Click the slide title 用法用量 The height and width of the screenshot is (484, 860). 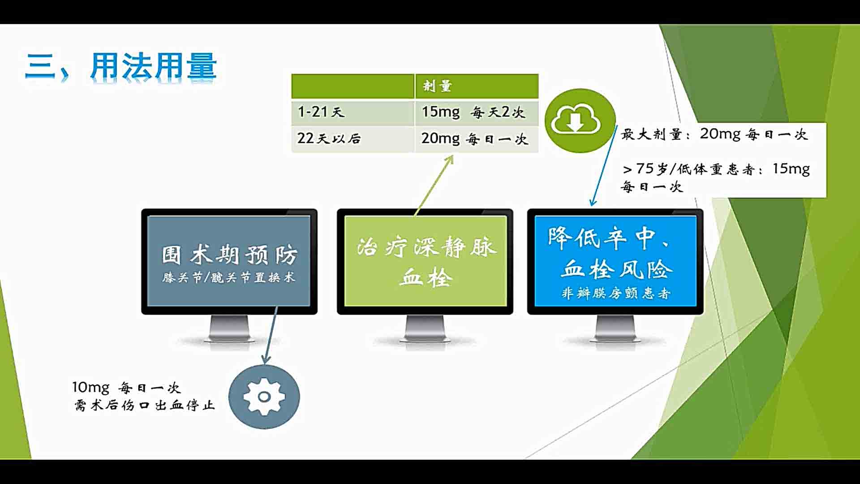click(x=154, y=66)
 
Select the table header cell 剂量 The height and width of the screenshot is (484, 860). click(x=477, y=86)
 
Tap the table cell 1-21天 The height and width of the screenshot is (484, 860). click(x=353, y=112)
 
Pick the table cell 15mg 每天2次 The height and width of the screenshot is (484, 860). click(x=477, y=112)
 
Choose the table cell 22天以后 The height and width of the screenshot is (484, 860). click(x=353, y=139)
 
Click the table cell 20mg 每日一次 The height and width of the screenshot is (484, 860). click(x=477, y=139)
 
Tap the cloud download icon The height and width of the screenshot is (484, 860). click(x=576, y=120)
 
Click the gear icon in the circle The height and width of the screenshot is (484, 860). click(x=264, y=397)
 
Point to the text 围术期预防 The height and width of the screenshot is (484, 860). click(x=229, y=255)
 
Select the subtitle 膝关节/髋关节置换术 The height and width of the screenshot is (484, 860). click(x=229, y=277)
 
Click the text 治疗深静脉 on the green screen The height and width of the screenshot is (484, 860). click(x=427, y=247)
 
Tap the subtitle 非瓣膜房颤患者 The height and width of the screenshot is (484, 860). click(x=616, y=293)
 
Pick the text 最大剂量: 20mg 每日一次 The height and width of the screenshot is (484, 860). click(x=714, y=134)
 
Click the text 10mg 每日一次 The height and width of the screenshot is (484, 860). click(x=126, y=387)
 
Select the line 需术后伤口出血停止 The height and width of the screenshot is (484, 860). click(x=145, y=405)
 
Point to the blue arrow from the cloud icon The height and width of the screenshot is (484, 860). click(x=604, y=165)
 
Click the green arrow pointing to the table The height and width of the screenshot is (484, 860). click(x=434, y=185)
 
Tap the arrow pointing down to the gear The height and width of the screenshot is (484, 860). click(x=271, y=335)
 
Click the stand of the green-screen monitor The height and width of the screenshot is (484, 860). click(x=425, y=329)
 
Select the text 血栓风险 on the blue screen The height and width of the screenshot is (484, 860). click(x=617, y=269)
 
